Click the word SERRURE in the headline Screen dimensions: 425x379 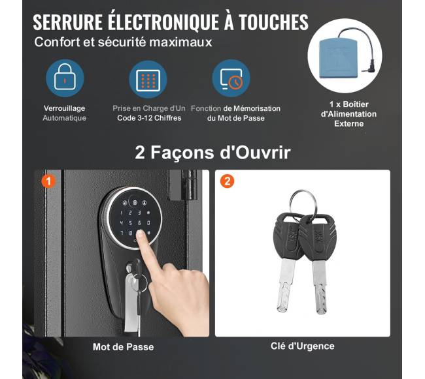coord(68,22)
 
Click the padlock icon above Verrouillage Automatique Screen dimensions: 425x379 coord(65,77)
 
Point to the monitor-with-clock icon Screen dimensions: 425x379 coord(231,79)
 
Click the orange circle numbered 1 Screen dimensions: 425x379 coord(48,181)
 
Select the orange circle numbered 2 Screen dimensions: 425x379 coord(227,181)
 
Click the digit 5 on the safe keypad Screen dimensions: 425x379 coord(131,223)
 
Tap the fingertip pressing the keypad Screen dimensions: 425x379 coord(140,235)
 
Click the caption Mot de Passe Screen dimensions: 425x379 coord(124,347)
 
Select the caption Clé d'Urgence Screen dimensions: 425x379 coord(303,346)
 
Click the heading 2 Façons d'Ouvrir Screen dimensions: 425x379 coord(212,153)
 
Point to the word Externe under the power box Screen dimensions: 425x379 coord(349,123)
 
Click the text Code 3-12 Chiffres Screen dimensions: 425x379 coord(149,118)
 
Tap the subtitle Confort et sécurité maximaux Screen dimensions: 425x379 coord(123,42)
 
